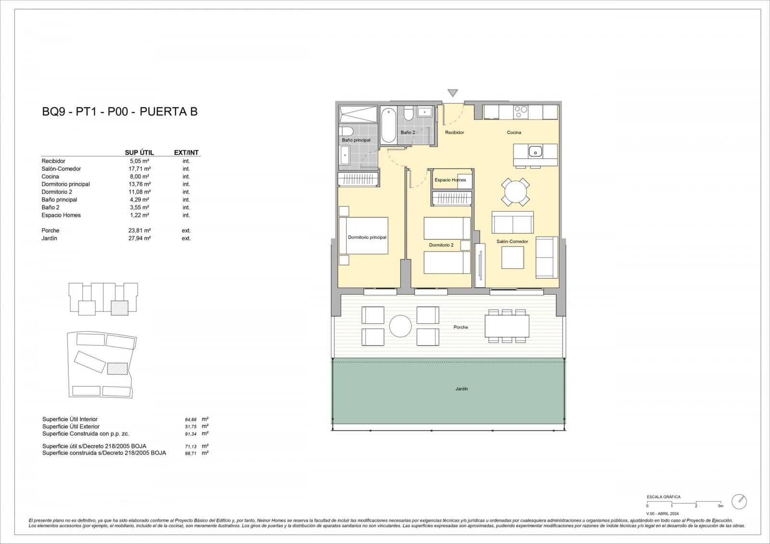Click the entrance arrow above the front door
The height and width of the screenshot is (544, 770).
[x=452, y=92]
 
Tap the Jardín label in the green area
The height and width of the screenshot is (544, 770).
[x=461, y=389]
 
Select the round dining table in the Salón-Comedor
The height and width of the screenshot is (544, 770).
[x=515, y=192]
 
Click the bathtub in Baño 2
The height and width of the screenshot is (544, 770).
[x=388, y=125]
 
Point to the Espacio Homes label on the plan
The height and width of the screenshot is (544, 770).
[x=450, y=180]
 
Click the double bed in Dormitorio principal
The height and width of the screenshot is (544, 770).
[x=364, y=236]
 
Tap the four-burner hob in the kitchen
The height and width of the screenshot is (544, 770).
[x=521, y=112]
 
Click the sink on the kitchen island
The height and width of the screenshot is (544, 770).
[x=535, y=152]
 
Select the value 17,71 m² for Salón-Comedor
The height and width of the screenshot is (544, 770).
[x=140, y=169]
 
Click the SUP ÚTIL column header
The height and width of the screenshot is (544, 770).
[x=139, y=152]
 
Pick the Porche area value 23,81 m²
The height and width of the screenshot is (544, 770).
[x=140, y=230]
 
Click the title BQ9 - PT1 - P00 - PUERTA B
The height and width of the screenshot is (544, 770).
[x=120, y=112]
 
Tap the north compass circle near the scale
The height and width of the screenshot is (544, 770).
[x=739, y=502]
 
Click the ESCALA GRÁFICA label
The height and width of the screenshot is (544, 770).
[x=663, y=497]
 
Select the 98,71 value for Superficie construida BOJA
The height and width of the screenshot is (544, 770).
[x=191, y=454]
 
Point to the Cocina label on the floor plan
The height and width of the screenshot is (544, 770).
[x=513, y=132]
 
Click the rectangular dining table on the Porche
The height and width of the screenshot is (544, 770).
[x=506, y=326]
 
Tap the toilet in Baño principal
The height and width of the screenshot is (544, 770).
[x=346, y=131]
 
